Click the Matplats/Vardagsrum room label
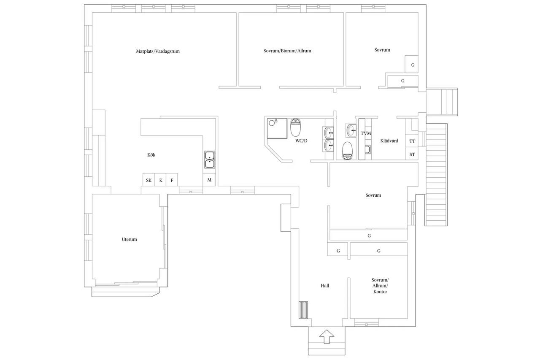coord(158,51)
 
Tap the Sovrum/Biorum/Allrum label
coord(287,51)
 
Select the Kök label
coord(151,155)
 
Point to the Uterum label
coord(129,239)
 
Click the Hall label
coord(325,286)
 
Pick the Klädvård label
coord(389,141)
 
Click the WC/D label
coord(301,141)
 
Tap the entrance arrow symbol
coord(327,337)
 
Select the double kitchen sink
coord(210,160)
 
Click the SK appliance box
coord(148,180)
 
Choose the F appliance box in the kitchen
coord(172,180)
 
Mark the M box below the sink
coord(209,180)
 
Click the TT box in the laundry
coord(412,141)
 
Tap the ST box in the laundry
coord(412,154)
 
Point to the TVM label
coord(366,133)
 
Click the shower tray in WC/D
coord(277,128)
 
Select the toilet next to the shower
coord(295,127)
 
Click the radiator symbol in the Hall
coord(303,310)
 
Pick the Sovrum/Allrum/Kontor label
coord(380,286)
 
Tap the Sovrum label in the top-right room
coord(382,50)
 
